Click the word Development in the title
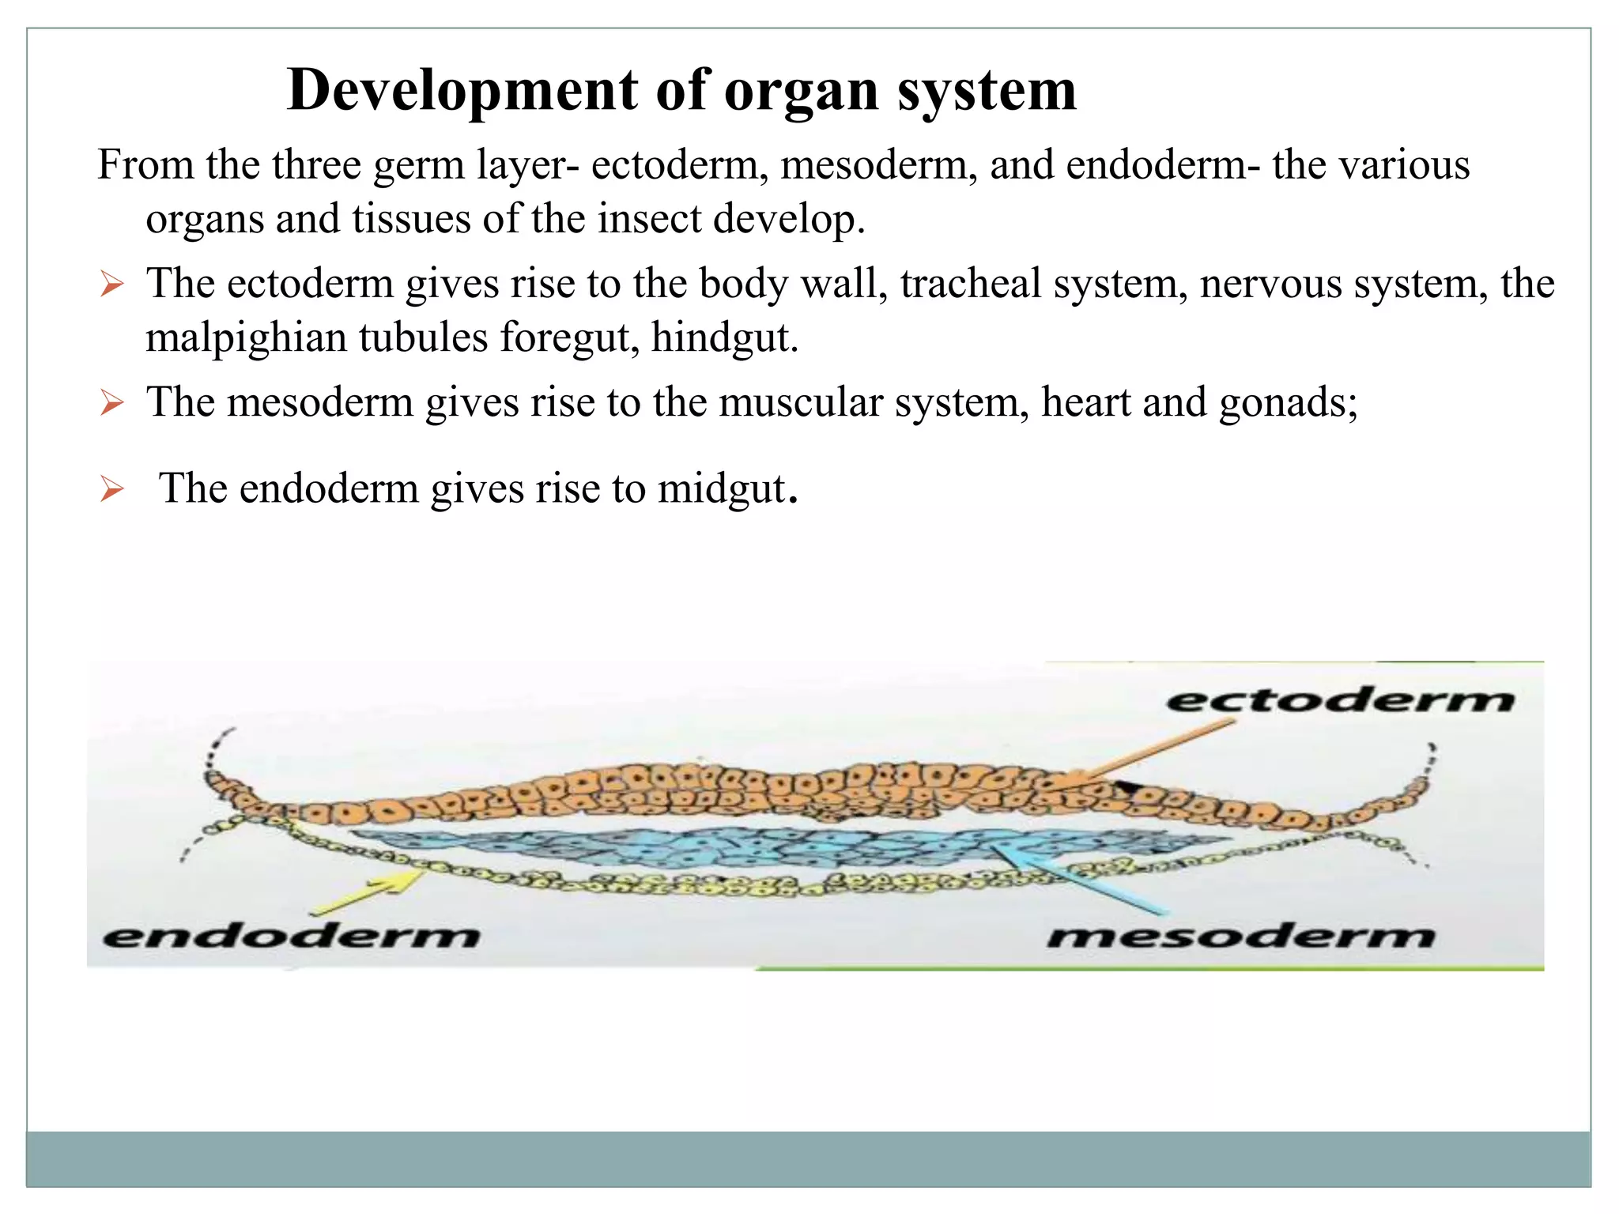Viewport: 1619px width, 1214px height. tap(462, 90)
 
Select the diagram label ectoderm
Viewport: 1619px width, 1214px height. tap(1340, 699)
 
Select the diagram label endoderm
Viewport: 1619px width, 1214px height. tap(291, 936)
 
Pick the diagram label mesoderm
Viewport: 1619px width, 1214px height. tap(1240, 936)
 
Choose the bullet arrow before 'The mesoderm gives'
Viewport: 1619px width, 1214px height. tap(112, 403)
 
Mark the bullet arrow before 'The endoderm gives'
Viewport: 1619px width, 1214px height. tap(112, 489)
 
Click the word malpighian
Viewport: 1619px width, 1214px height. tap(246, 337)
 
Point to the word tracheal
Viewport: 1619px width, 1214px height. tap(971, 284)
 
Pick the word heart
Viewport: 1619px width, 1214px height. tap(1085, 402)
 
